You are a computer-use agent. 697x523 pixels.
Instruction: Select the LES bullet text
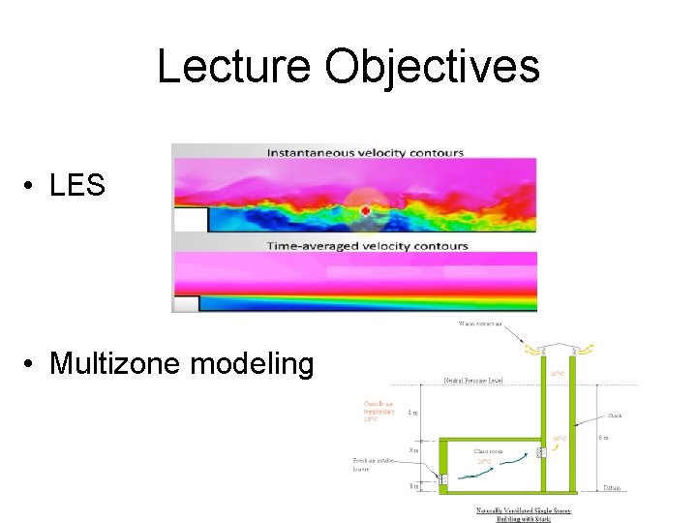point(76,185)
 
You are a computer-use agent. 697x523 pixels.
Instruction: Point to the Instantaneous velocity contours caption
point(365,152)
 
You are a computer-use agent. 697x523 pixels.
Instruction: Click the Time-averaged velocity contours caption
point(367,246)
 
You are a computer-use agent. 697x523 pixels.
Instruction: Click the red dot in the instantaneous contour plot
point(365,210)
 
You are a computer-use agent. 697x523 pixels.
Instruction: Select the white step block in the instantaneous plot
point(191,221)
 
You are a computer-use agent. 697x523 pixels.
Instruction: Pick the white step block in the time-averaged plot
point(186,304)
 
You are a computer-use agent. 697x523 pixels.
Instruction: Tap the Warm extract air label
point(481,324)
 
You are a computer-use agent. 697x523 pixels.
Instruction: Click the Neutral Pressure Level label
point(475,381)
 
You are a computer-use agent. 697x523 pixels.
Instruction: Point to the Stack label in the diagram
point(615,415)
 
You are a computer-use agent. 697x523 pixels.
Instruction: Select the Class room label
point(488,451)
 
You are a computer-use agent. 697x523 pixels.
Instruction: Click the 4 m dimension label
point(413,412)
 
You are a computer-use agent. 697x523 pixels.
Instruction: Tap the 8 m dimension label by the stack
point(603,438)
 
